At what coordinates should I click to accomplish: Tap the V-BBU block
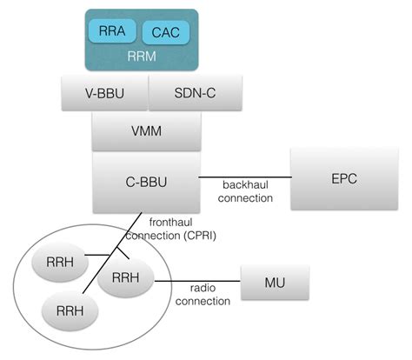coord(105,91)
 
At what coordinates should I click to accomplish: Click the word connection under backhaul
coord(247,198)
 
